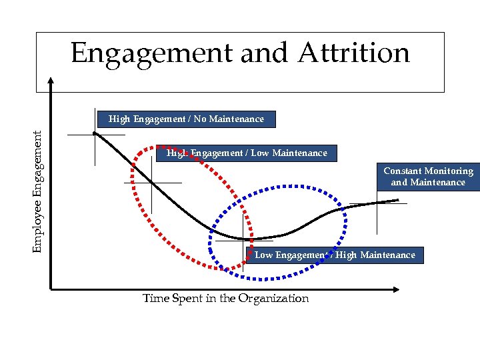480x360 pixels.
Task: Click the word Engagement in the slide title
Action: point(152,54)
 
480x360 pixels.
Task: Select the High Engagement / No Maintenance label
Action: point(186,119)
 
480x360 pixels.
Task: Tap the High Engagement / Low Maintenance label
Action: point(247,153)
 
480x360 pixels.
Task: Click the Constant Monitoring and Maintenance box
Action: point(428,177)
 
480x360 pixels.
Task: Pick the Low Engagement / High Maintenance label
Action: point(335,255)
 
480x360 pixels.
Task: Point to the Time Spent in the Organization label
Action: point(225,298)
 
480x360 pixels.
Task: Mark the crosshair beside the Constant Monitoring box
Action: point(377,203)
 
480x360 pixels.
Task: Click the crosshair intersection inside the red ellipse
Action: point(152,182)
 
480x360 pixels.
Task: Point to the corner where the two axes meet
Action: point(51,289)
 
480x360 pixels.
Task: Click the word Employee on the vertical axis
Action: point(40,227)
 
